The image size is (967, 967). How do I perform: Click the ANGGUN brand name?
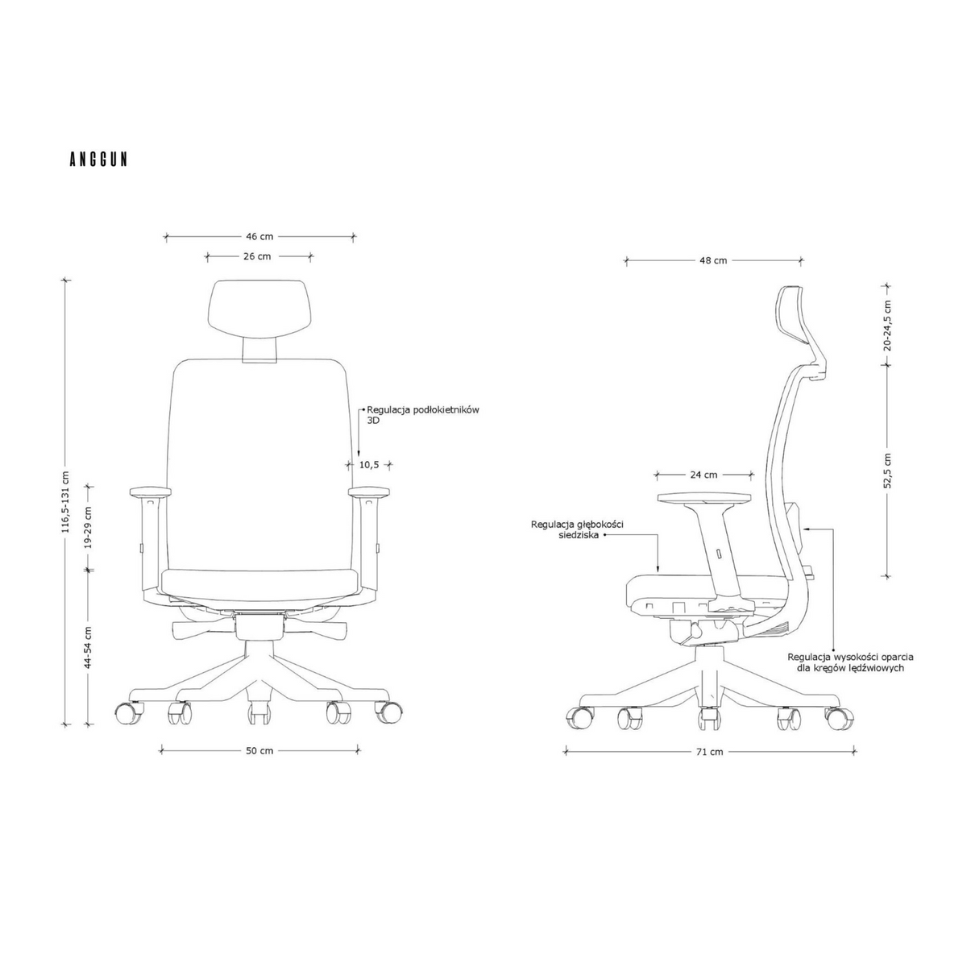point(98,160)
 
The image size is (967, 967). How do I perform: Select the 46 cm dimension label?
point(259,236)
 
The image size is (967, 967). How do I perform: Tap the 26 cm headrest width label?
point(257,256)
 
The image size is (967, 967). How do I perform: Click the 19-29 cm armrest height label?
point(89,527)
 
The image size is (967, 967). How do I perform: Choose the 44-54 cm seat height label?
point(89,647)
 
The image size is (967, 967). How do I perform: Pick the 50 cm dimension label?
point(259,751)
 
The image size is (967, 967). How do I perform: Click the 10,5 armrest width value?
point(369,465)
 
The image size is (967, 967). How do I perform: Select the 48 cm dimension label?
point(713,260)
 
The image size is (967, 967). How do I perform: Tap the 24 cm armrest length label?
point(703,475)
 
